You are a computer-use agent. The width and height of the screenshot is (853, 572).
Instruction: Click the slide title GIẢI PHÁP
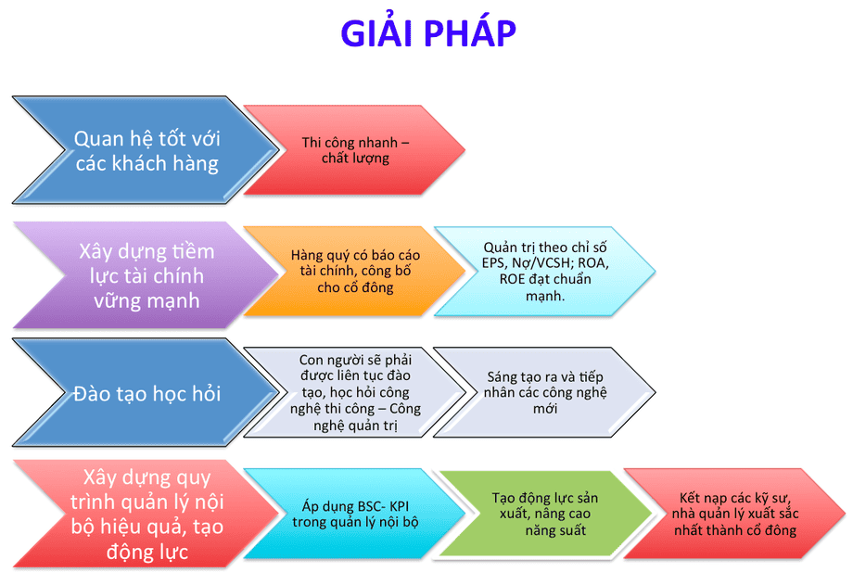tap(427, 33)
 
